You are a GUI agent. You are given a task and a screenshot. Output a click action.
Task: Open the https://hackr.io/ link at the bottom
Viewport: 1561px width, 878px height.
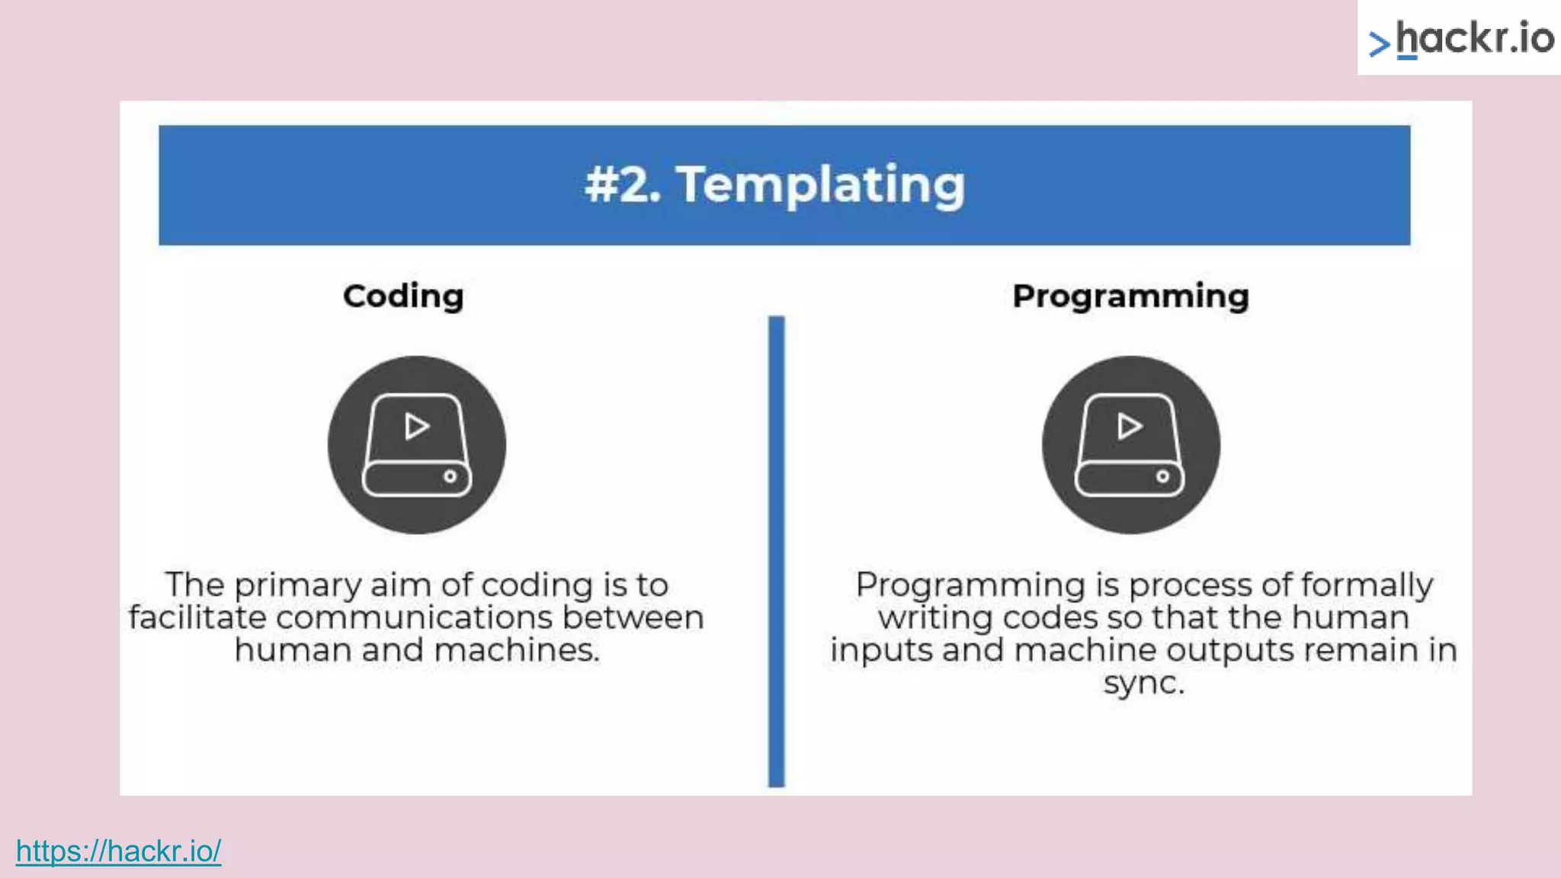pyautogui.click(x=118, y=851)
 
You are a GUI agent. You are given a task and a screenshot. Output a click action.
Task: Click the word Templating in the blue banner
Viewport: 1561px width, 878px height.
pyautogui.click(x=821, y=185)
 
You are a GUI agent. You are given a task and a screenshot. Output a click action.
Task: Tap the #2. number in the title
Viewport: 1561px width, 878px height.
pyautogui.click(x=621, y=185)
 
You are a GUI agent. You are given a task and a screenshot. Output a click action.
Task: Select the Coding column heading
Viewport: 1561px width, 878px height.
pyautogui.click(x=403, y=296)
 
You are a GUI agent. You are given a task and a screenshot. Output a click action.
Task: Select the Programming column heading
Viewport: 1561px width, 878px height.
pyautogui.click(x=1130, y=296)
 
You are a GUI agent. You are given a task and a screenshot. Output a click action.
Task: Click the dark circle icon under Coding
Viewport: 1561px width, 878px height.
pyautogui.click(x=417, y=445)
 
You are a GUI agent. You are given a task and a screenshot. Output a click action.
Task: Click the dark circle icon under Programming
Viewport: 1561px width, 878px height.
pyautogui.click(x=1130, y=445)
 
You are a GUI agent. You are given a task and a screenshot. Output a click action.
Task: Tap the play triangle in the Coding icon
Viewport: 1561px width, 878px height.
pyautogui.click(x=416, y=426)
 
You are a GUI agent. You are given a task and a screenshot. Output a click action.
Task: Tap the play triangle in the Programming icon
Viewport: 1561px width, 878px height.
pyautogui.click(x=1130, y=426)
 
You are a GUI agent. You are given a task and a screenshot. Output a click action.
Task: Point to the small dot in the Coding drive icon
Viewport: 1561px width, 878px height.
pyautogui.click(x=450, y=476)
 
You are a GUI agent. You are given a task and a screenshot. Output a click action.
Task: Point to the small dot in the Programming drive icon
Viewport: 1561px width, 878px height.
pyautogui.click(x=1162, y=476)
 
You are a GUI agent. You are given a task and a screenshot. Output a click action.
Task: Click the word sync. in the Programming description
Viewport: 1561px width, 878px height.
pyautogui.click(x=1144, y=683)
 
